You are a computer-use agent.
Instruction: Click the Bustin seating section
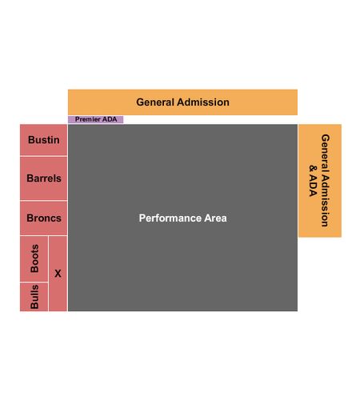pos(43,140)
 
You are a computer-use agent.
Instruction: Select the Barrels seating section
pos(43,178)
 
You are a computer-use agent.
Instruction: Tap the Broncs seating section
pos(43,218)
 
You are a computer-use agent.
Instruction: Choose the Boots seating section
pos(34,258)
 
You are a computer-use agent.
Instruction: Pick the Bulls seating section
pos(34,297)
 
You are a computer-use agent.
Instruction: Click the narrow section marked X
pos(58,274)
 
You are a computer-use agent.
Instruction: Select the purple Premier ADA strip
pos(96,119)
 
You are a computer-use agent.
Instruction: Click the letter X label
pos(58,274)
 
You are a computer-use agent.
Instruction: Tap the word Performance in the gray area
pos(170,218)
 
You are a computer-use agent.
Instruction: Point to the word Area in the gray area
pos(215,218)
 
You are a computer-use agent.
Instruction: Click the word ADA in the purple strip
pos(110,119)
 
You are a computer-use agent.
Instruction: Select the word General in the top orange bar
pos(155,102)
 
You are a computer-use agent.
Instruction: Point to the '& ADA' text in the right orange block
pos(314,181)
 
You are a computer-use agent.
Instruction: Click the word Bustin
pos(44,140)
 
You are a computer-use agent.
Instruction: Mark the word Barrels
pos(44,178)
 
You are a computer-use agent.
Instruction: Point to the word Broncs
pos(44,218)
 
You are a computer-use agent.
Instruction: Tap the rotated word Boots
pos(34,258)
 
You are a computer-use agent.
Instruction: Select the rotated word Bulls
pos(34,297)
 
